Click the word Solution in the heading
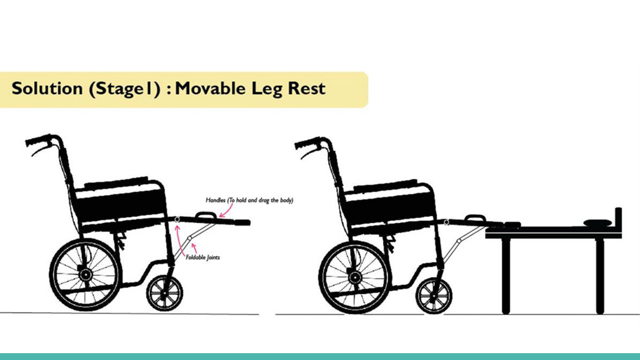click(47, 88)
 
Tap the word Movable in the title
click(210, 88)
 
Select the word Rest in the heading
click(307, 88)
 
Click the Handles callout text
click(250, 200)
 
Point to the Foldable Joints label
click(203, 257)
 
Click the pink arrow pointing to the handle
click(226, 211)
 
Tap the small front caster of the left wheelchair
click(165, 293)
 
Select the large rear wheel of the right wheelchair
click(355, 277)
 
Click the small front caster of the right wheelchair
click(434, 296)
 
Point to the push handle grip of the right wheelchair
click(307, 143)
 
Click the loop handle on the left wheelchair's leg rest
click(206, 213)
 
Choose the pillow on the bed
click(597, 222)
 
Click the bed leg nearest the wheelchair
click(506, 276)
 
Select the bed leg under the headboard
click(600, 276)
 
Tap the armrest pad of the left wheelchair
click(116, 183)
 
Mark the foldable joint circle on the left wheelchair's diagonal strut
click(189, 238)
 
